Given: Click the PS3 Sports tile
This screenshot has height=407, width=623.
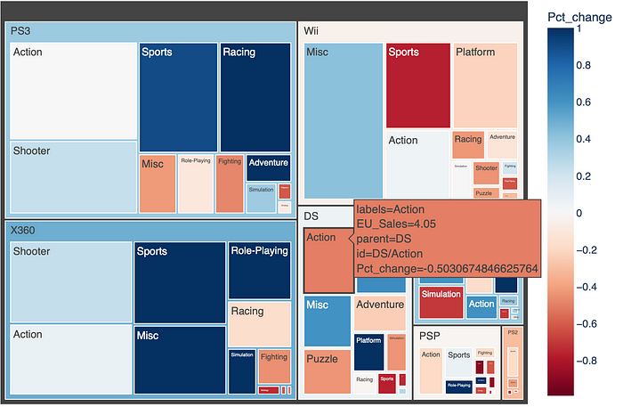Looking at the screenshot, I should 178,96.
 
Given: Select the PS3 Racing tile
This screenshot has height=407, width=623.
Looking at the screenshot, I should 255,96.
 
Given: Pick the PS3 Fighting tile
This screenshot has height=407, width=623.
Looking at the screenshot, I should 229,183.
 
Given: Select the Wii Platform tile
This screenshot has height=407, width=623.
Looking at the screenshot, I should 485,85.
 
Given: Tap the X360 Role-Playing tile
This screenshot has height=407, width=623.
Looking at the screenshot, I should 260,269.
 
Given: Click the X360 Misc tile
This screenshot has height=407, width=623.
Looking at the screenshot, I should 180,360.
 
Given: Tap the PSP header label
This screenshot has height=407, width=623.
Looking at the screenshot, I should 431,336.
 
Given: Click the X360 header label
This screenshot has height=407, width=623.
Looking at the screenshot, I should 23,230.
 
